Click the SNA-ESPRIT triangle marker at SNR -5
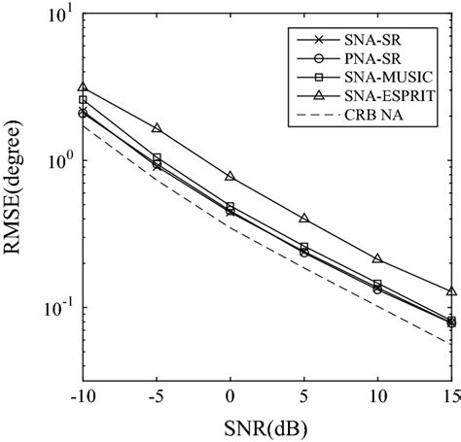(x=157, y=128)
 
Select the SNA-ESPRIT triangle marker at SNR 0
(x=230, y=176)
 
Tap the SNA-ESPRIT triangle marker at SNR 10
(x=377, y=259)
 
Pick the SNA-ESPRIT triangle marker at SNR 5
(x=304, y=219)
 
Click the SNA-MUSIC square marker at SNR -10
(x=84, y=100)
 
